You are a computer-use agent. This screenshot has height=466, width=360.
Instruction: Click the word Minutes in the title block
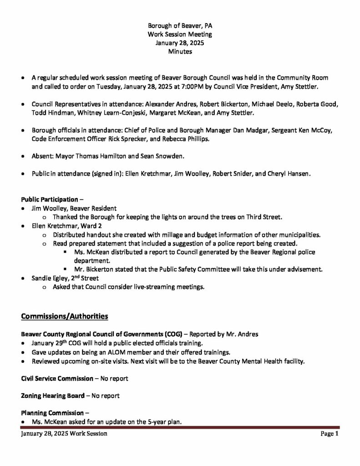coord(180,52)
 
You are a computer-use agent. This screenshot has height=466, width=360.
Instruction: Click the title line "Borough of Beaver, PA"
coord(180,26)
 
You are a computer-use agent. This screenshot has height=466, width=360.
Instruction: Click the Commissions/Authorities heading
coord(65,315)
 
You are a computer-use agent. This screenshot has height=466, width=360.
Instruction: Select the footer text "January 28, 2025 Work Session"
coord(64,434)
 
